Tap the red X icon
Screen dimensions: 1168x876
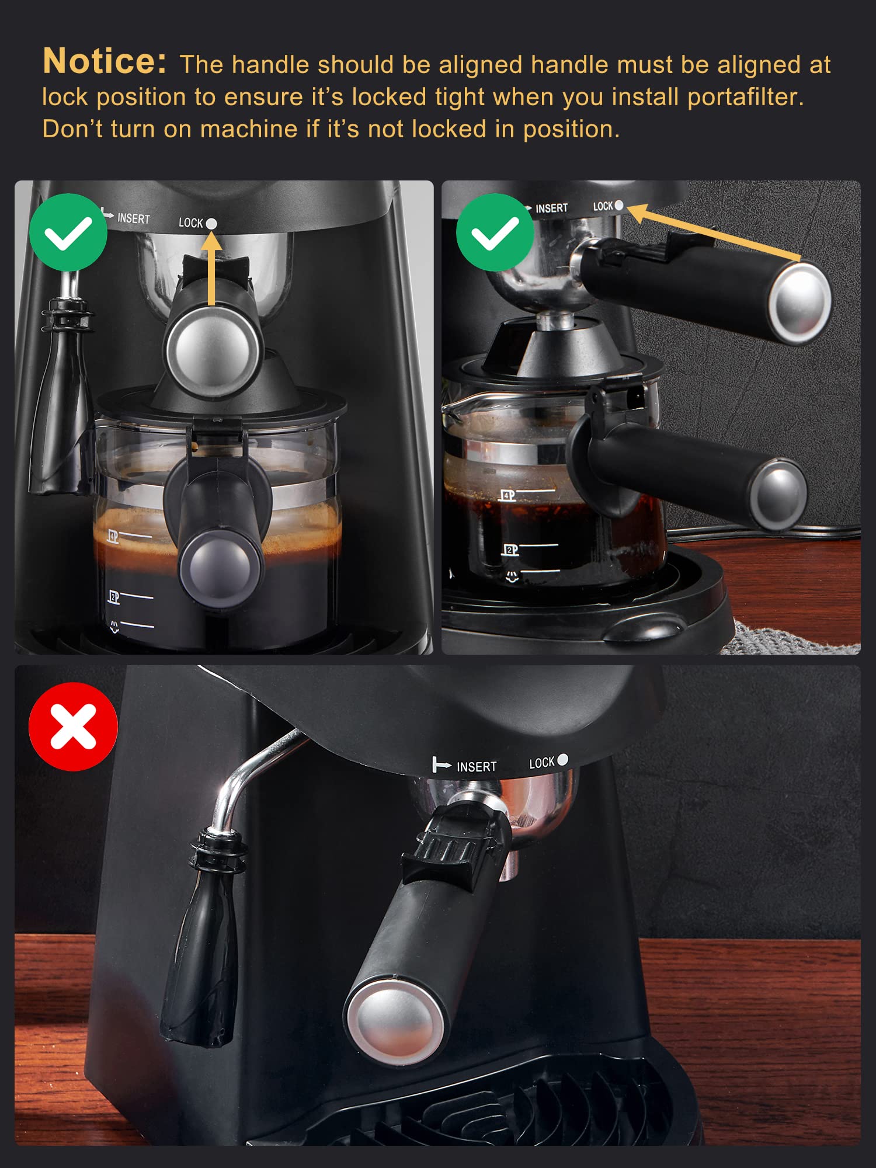[73, 726]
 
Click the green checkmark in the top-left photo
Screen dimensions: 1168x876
[68, 232]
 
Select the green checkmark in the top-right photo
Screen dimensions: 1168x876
[495, 232]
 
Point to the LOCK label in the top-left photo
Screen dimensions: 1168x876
[190, 223]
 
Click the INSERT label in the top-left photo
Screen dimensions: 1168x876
[133, 218]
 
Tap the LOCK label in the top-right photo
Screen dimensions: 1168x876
[603, 206]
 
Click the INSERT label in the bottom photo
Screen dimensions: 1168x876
[476, 767]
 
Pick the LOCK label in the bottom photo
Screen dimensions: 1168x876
[541, 763]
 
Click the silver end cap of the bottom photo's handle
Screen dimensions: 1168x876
[395, 1021]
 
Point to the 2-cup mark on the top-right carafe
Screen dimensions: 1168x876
[510, 550]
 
